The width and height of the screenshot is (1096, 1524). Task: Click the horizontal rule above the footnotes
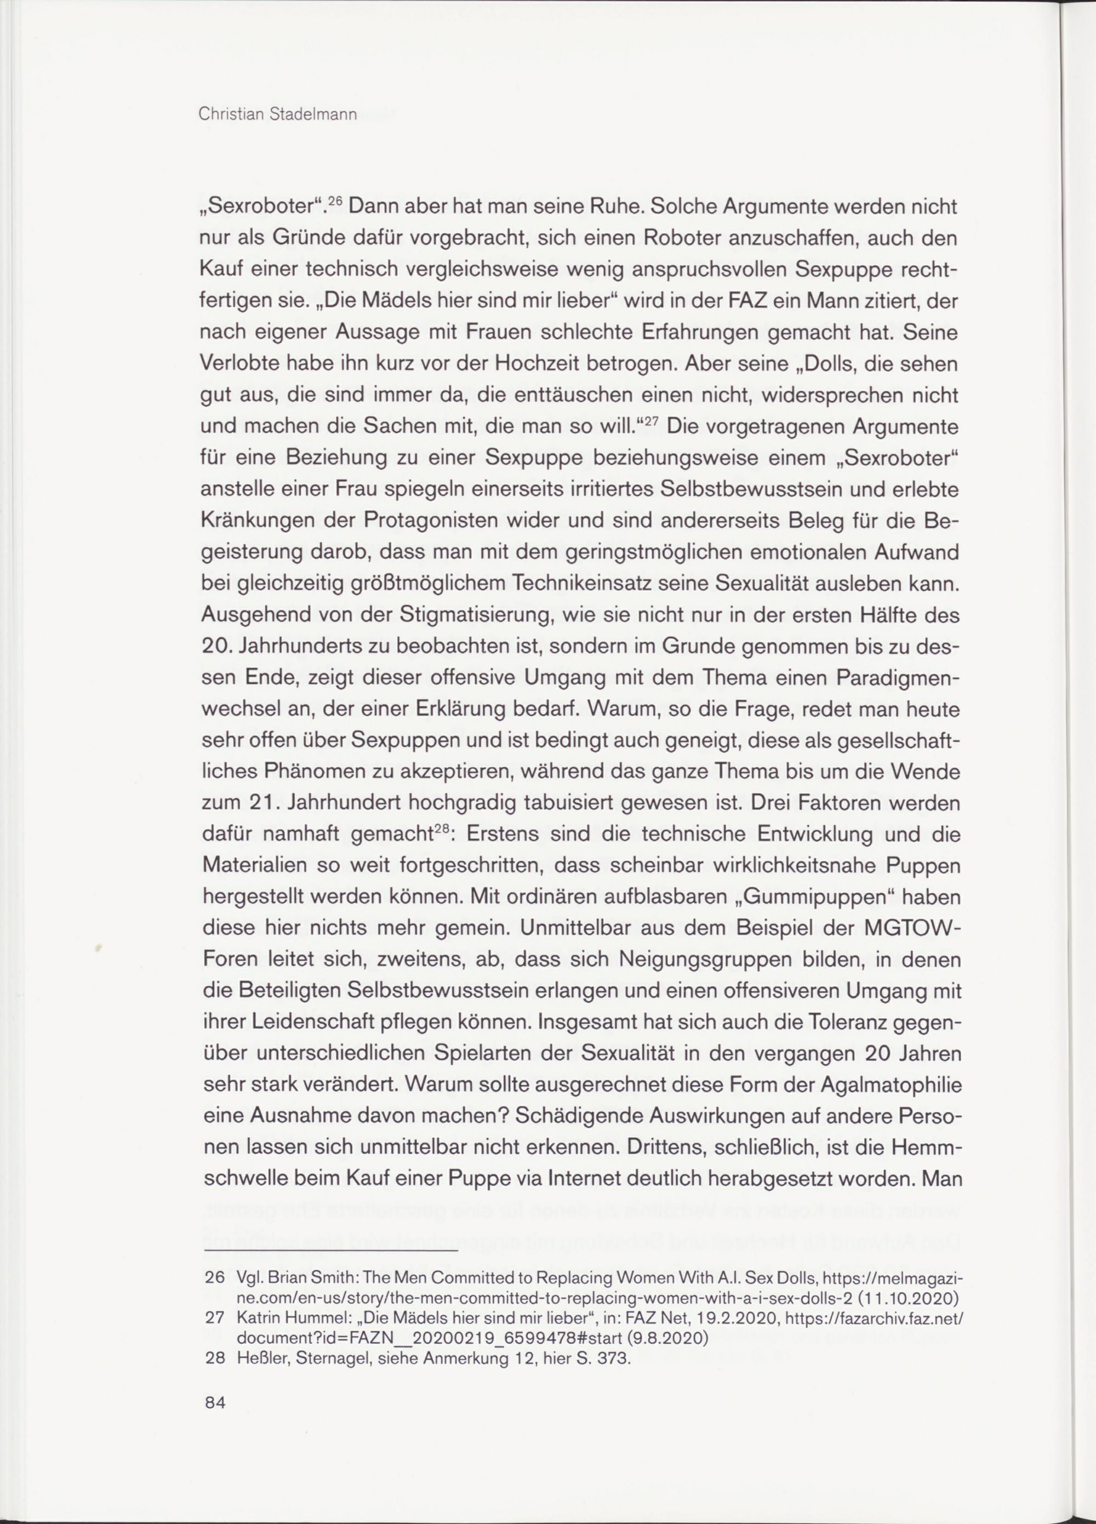tap(329, 1251)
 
